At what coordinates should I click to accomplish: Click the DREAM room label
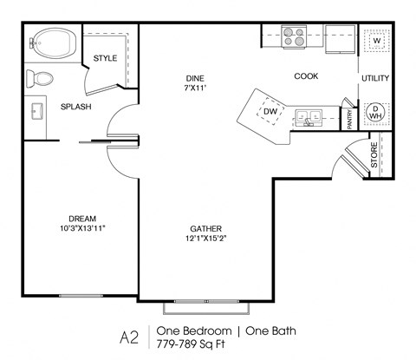tap(81, 218)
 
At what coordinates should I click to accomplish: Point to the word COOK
tap(306, 76)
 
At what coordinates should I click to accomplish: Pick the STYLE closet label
tap(105, 58)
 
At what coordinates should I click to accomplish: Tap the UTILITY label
tap(375, 78)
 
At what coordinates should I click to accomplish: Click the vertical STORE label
tap(374, 158)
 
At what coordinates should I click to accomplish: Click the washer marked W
tap(376, 41)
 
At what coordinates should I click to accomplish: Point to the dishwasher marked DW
tap(270, 112)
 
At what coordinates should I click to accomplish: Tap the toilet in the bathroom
tap(37, 79)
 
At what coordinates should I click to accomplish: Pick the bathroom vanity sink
tap(37, 112)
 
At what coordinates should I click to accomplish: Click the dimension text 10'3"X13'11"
tap(81, 228)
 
